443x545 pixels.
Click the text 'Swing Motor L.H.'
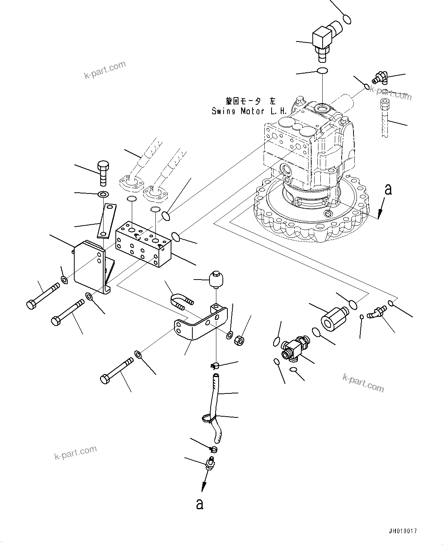(249, 111)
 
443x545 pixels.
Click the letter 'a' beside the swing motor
(388, 189)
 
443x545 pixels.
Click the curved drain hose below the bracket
(214, 408)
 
